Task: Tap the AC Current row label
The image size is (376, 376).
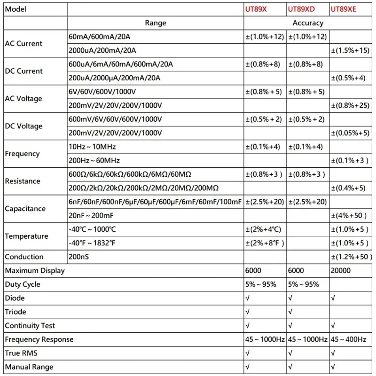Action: click(23, 43)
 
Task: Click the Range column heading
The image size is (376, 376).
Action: click(155, 23)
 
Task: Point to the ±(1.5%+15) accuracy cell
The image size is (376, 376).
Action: click(351, 50)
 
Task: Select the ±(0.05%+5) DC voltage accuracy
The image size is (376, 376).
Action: click(351, 133)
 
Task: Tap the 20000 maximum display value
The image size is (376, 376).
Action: click(341, 271)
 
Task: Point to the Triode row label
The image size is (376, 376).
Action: click(16, 312)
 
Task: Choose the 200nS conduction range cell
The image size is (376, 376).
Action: click(78, 257)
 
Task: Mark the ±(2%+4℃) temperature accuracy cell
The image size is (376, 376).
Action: click(264, 229)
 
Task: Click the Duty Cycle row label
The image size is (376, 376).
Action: click(23, 284)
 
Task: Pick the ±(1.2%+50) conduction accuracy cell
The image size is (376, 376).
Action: click(352, 257)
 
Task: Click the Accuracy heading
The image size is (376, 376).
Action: click(308, 23)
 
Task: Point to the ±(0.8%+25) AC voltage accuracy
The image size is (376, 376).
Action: click(351, 105)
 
